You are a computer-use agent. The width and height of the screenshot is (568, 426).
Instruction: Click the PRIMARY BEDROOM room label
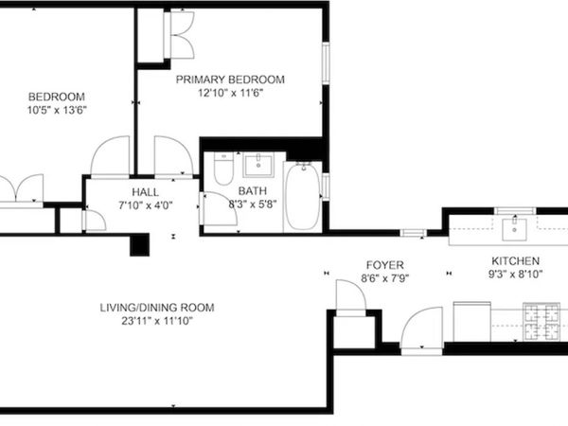click(x=230, y=80)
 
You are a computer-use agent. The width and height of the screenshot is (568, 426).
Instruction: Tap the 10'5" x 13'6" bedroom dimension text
click(x=57, y=110)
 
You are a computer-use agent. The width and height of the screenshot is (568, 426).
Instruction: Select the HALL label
click(x=145, y=192)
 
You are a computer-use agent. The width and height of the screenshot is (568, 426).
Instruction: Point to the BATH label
click(x=253, y=191)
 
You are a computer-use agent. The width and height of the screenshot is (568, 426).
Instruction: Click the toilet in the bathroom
click(x=223, y=169)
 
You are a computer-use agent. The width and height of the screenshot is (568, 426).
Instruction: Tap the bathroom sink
click(x=258, y=165)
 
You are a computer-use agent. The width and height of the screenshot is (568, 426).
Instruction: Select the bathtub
click(x=303, y=196)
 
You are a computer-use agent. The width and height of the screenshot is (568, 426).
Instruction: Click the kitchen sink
click(x=514, y=229)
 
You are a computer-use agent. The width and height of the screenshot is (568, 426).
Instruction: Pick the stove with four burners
click(x=541, y=322)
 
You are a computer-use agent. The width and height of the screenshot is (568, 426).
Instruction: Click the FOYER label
click(x=384, y=265)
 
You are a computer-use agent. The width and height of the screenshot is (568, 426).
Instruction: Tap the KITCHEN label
click(x=516, y=261)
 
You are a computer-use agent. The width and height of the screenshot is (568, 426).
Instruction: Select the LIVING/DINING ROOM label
click(x=157, y=308)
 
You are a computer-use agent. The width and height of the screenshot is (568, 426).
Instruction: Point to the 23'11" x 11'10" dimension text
click(x=157, y=321)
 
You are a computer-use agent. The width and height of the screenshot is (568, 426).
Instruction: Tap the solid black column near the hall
click(x=139, y=245)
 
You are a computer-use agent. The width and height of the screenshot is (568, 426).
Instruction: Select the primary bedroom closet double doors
click(x=182, y=35)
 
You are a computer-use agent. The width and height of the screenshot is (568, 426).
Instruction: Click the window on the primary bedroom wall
click(x=326, y=63)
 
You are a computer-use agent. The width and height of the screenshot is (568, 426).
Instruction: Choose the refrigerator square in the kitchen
click(x=472, y=321)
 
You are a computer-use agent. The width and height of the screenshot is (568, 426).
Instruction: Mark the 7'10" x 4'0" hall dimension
click(x=146, y=205)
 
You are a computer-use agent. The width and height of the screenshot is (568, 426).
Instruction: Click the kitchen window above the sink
click(x=515, y=211)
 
